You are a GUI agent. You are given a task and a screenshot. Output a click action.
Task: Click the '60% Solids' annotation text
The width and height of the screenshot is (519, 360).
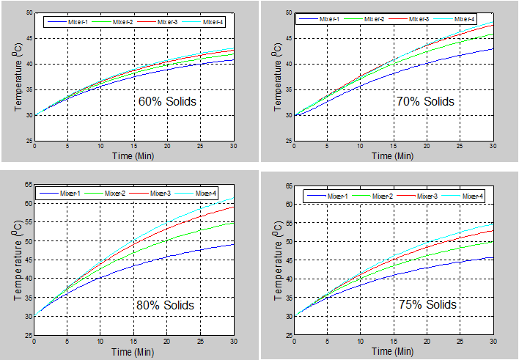(167, 101)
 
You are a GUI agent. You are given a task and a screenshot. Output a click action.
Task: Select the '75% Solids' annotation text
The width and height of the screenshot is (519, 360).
(426, 304)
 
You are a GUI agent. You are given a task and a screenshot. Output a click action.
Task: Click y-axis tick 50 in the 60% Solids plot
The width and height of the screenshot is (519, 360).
(29, 13)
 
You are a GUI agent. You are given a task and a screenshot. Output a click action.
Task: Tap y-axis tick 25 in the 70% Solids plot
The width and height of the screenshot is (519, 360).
(287, 141)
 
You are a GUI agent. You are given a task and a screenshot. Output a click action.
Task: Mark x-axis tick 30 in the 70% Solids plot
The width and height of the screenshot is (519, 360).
(493, 147)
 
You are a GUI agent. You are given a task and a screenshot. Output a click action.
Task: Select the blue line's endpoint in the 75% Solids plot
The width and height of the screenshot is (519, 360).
(493, 257)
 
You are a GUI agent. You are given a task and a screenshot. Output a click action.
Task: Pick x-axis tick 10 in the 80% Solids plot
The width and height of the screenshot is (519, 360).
(100, 341)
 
